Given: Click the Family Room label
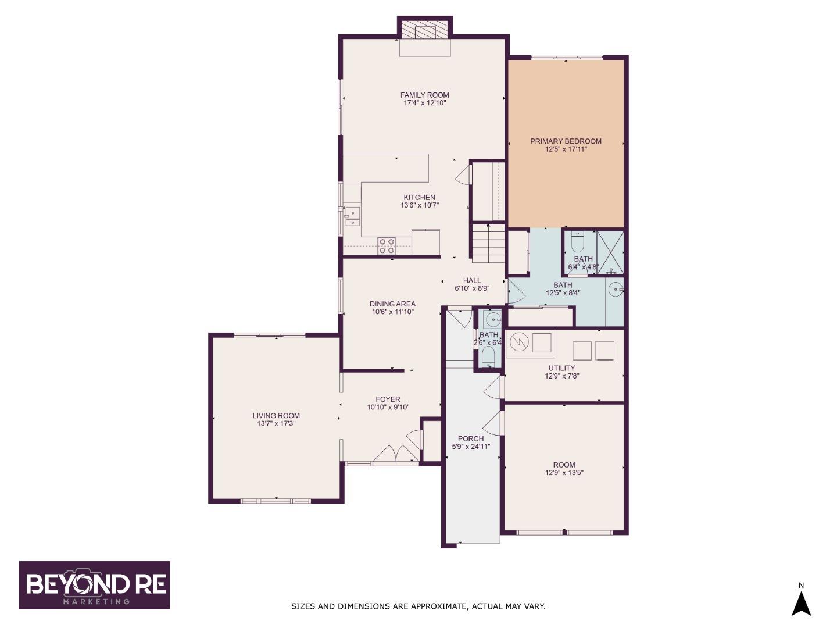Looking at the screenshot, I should [x=424, y=95].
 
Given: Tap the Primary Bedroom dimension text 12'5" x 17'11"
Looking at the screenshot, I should [x=566, y=149].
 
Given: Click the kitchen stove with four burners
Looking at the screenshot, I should [x=387, y=246].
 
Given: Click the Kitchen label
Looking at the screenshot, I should [x=419, y=197].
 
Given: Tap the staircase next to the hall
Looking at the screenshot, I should [x=488, y=244].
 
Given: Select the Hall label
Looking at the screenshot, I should [x=472, y=280].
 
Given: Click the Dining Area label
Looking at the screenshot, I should [x=392, y=304].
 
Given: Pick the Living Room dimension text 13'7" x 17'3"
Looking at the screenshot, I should [x=276, y=424].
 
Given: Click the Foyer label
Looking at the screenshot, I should [x=388, y=399].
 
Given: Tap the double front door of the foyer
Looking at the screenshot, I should [x=395, y=454].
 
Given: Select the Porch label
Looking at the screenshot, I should [x=470, y=438].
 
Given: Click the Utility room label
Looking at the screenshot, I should [x=561, y=368].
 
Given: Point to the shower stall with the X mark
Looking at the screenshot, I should [x=610, y=252].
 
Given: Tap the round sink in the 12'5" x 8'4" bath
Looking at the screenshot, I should [x=614, y=288].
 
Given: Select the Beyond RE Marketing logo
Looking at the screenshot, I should [x=95, y=585].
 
